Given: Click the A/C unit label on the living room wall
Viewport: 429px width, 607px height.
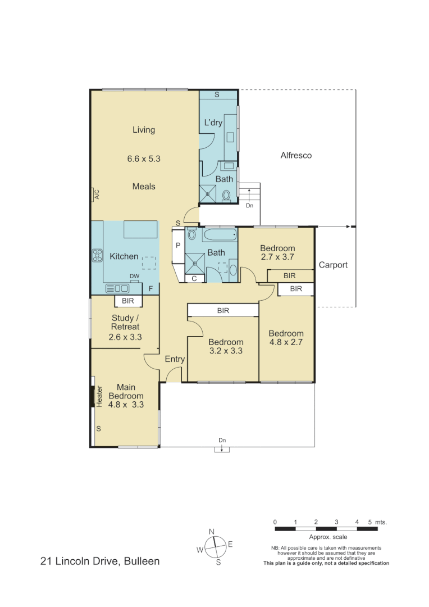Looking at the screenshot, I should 96,194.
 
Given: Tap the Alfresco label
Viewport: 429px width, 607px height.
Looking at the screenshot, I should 296,155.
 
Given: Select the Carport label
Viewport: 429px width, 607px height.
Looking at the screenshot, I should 333,265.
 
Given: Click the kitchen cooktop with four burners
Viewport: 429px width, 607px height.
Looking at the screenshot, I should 97,255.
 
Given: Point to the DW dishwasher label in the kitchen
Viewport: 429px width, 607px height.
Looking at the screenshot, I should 134,276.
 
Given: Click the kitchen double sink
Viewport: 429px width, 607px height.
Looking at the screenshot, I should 117,288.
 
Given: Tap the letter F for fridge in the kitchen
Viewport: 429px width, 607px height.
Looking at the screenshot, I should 150,289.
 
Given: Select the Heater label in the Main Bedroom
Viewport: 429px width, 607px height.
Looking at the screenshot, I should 99,396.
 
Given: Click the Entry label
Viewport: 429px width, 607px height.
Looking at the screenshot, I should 175,359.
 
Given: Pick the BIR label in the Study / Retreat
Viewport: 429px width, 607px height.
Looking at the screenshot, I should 129,302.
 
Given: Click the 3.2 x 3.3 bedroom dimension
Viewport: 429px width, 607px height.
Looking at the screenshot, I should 226,352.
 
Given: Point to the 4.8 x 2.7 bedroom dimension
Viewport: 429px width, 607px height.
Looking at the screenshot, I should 286,343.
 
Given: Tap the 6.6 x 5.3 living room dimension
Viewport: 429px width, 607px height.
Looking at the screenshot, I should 144,159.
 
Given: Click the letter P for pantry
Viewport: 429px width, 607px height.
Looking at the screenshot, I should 178,246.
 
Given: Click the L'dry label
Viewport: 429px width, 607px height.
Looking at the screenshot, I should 213,123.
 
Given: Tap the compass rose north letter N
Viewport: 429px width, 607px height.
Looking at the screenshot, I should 212,531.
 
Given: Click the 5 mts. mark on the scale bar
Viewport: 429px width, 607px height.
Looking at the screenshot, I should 373,522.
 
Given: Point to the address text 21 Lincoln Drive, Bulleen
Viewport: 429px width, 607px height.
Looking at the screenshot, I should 100,561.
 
